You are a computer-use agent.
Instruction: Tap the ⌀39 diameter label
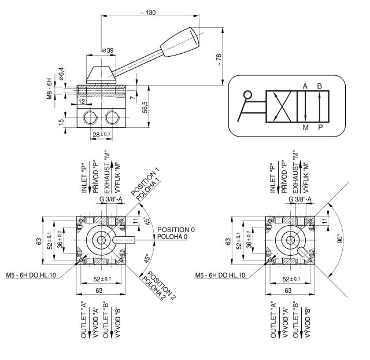[107, 50]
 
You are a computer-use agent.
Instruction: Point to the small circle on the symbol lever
[248, 95]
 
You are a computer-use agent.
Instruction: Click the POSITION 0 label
[176, 230]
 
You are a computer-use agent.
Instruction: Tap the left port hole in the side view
[90, 119]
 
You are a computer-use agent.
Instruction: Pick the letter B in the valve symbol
[319, 86]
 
